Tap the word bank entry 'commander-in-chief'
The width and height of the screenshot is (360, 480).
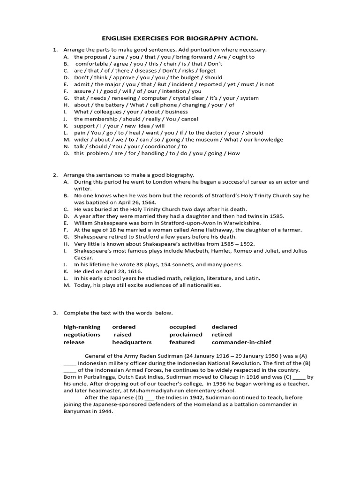[x=241, y=342]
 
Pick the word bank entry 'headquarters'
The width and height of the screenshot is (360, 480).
[x=132, y=342]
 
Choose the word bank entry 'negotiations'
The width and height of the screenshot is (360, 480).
[x=82, y=335]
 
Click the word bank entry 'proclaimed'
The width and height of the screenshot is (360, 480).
[x=186, y=335]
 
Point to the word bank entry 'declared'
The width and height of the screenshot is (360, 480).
[x=224, y=327]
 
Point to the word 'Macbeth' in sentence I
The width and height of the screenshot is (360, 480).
[x=224, y=251]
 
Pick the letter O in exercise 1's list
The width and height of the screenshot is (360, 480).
[x=66, y=153]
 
